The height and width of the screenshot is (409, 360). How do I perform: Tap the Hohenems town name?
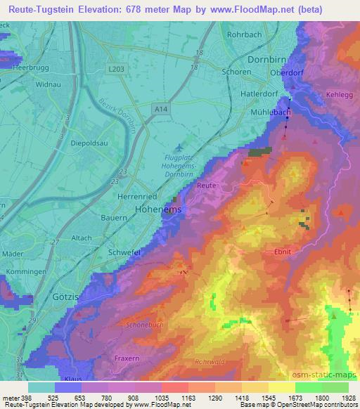(158, 209)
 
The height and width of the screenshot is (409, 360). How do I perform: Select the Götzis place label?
(67, 297)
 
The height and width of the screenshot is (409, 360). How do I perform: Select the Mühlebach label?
(271, 112)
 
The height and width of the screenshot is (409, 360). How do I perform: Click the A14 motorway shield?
(162, 109)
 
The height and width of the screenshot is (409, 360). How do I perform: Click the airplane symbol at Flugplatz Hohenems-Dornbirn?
(179, 147)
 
